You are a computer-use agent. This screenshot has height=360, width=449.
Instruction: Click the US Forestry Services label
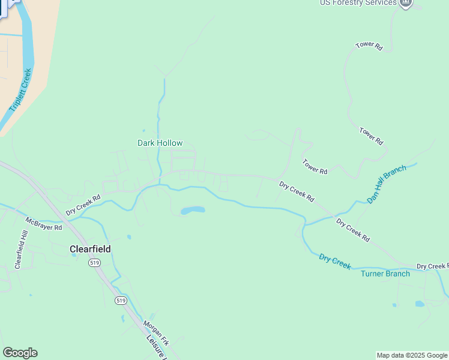pyautogui.click(x=358, y=3)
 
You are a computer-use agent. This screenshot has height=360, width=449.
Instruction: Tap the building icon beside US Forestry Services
pyautogui.click(x=406, y=3)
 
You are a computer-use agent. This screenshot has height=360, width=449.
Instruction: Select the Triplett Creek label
pyautogui.click(x=20, y=90)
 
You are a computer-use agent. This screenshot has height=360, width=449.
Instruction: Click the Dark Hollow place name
pyautogui.click(x=160, y=143)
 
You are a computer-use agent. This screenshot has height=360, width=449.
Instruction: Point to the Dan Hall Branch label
pyautogui.click(x=386, y=184)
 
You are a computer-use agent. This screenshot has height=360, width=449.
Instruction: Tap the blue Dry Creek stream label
pyautogui.click(x=334, y=262)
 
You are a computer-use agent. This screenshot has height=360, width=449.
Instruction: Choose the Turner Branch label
pyautogui.click(x=385, y=274)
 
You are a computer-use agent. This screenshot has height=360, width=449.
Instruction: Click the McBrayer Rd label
pyautogui.click(x=43, y=223)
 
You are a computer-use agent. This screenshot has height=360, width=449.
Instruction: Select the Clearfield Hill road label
pyautogui.click(x=19, y=250)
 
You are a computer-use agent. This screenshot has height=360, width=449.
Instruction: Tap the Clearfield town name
pyautogui.click(x=90, y=248)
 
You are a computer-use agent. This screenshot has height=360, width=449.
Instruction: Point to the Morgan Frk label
pyautogui.click(x=155, y=332)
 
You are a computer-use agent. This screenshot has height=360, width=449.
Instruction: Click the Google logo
pyautogui.click(x=20, y=353)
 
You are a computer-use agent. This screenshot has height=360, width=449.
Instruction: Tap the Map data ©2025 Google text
pyautogui.click(x=412, y=355)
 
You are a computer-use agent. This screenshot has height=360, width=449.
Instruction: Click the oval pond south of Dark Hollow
pyautogui.click(x=193, y=211)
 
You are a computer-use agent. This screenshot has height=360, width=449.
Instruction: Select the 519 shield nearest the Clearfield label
pyautogui.click(x=94, y=263)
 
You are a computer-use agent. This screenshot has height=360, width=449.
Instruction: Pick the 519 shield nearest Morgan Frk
pyautogui.click(x=121, y=300)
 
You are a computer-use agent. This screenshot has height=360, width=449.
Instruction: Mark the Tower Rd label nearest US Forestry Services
pyautogui.click(x=369, y=45)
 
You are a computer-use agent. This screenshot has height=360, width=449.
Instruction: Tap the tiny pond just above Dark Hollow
pyautogui.click(x=143, y=130)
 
